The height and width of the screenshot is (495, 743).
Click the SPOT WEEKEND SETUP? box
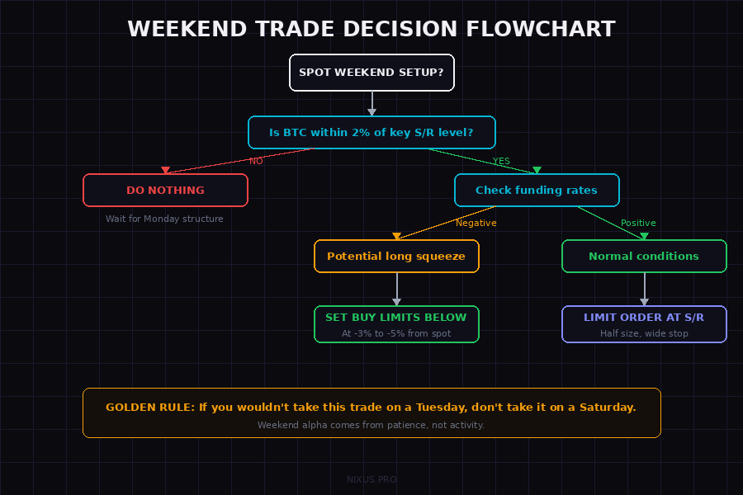click(x=371, y=73)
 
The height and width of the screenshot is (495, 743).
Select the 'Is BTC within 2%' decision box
click(x=371, y=132)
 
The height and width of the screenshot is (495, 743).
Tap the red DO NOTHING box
click(x=165, y=190)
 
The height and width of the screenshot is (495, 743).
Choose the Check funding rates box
click(x=537, y=190)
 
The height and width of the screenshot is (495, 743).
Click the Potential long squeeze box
click(x=396, y=256)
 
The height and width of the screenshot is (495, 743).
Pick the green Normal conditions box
click(x=644, y=256)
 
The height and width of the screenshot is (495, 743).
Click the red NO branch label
click(x=256, y=161)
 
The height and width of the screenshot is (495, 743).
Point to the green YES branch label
click(x=501, y=161)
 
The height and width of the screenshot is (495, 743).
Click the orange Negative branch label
click(x=476, y=223)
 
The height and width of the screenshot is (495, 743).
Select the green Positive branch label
click(x=638, y=223)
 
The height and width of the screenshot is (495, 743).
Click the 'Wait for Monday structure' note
click(x=164, y=219)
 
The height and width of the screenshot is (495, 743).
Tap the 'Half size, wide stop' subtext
click(x=644, y=333)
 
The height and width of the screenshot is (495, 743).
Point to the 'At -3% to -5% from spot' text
click(x=396, y=334)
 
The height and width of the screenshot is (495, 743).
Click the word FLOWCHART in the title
click(x=541, y=29)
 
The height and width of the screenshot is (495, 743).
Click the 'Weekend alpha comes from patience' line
click(x=371, y=425)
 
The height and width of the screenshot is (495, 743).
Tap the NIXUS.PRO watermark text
click(x=371, y=478)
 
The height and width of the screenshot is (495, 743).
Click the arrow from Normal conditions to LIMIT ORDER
click(x=644, y=289)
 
